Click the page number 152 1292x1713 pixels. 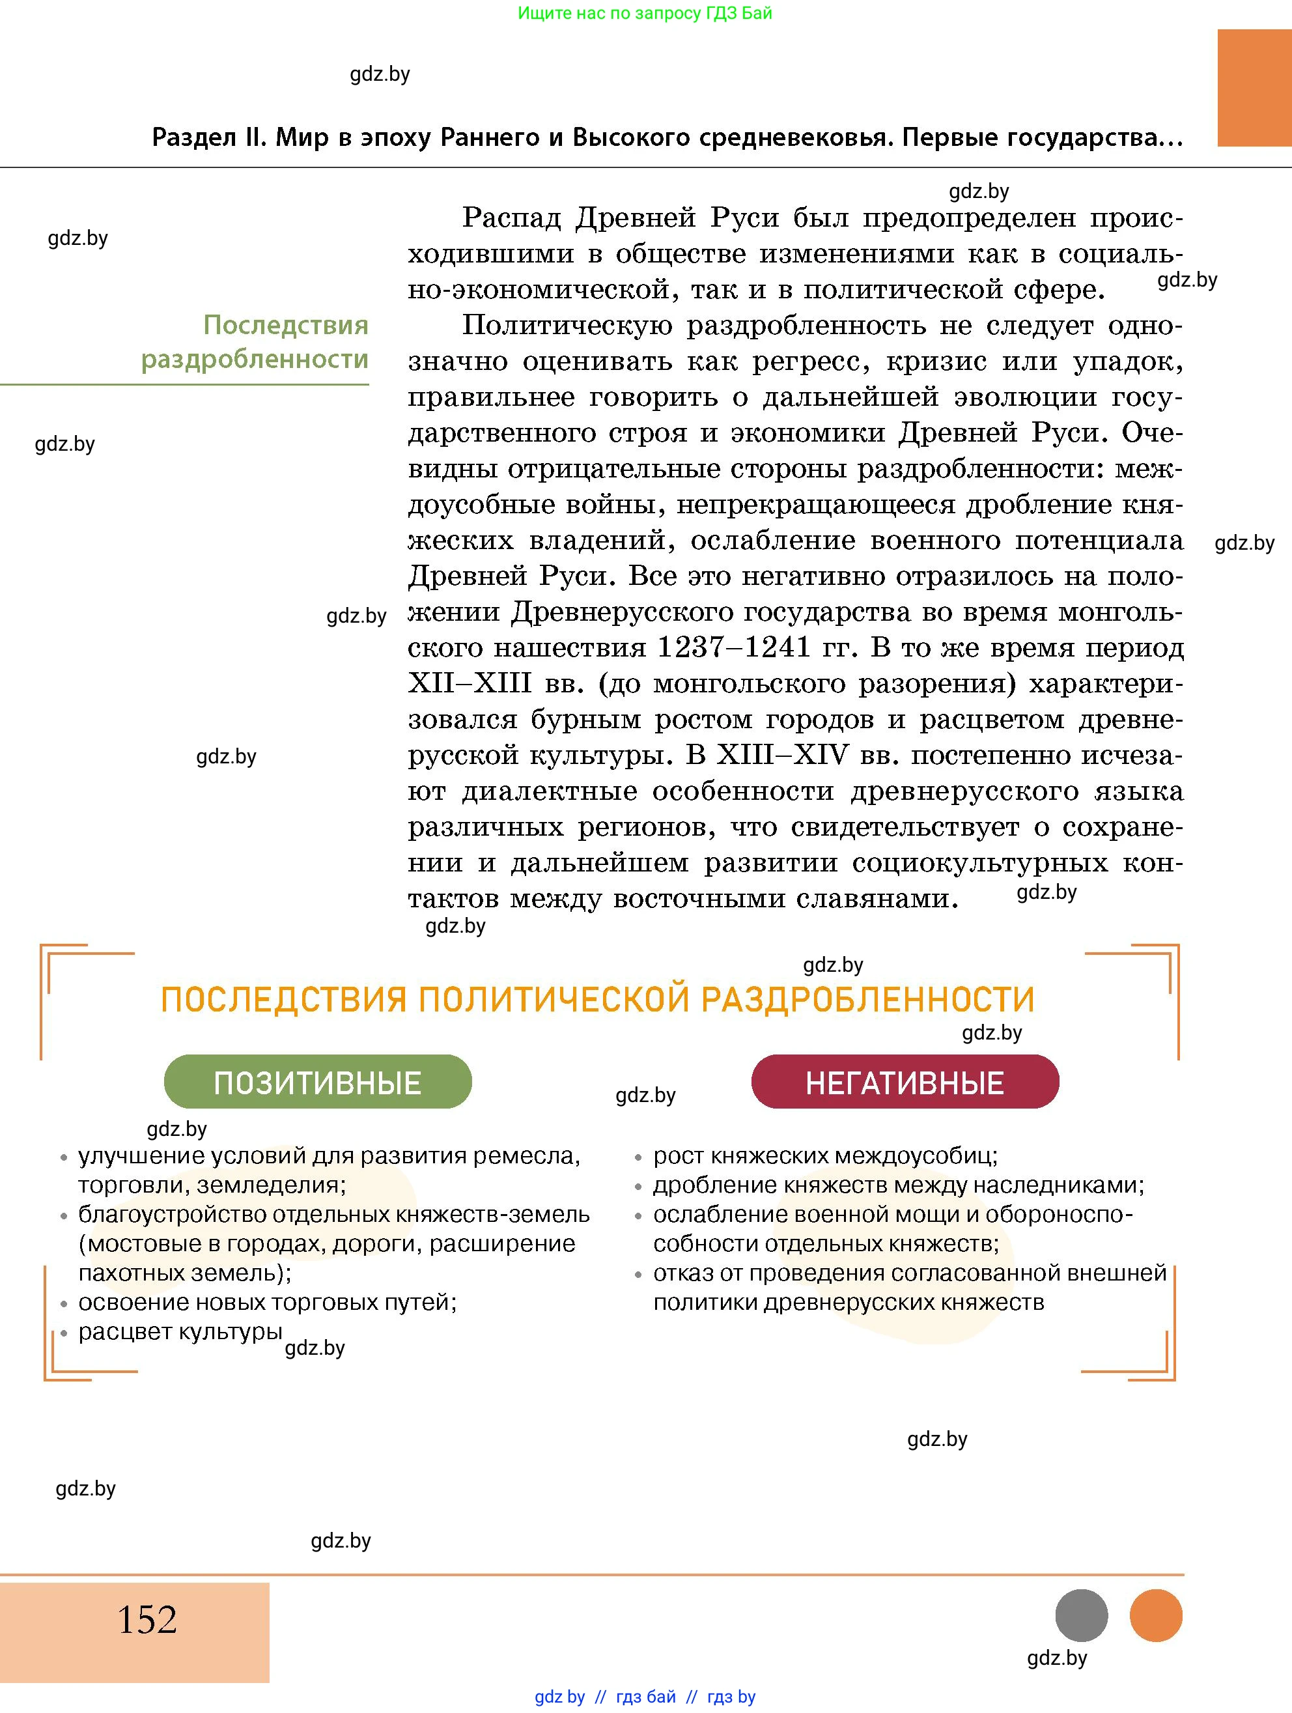pyautogui.click(x=147, y=1619)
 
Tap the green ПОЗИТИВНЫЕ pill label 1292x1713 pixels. pyautogui.click(x=317, y=1082)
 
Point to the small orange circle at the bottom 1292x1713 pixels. pyautogui.click(x=1156, y=1615)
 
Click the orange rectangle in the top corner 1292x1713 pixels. pyautogui.click(x=1254, y=87)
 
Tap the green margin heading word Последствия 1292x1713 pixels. pyautogui.click(x=286, y=325)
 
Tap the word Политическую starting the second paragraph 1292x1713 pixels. pyautogui.click(x=567, y=325)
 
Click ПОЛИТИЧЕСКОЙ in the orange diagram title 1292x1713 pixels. pyautogui.click(x=554, y=999)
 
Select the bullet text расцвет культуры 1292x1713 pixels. pyautogui.click(x=180, y=1331)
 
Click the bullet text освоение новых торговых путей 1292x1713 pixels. pyautogui.click(x=267, y=1302)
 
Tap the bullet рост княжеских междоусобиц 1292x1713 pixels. pyautogui.click(x=825, y=1156)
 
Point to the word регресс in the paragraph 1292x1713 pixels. pyautogui.click(x=813, y=361)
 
